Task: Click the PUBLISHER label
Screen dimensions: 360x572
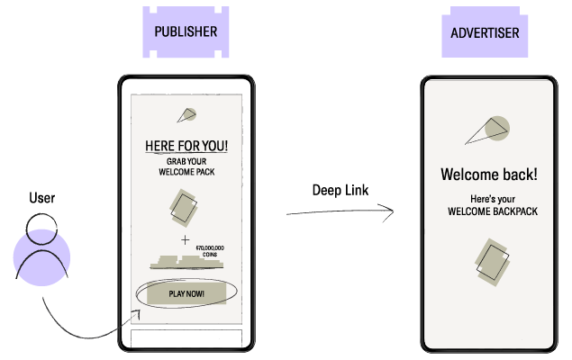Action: tap(186, 31)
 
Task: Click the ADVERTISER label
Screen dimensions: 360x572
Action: tap(485, 33)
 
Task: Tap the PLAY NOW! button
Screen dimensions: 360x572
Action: tap(186, 293)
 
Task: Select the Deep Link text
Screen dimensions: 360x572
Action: tap(340, 190)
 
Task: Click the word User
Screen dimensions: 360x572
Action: tap(41, 198)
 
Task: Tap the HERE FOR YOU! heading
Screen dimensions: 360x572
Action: tap(186, 146)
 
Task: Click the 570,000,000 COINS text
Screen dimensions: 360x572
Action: tap(209, 249)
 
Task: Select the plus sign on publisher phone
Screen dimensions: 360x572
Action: tap(186, 240)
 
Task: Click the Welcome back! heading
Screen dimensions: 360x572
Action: tap(488, 174)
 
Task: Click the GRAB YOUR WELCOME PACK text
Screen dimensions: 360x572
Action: tap(186, 166)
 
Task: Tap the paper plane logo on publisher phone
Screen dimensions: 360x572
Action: tap(186, 114)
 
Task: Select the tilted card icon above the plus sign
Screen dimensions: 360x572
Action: tap(184, 207)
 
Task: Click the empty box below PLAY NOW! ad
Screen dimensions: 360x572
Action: tap(186, 339)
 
